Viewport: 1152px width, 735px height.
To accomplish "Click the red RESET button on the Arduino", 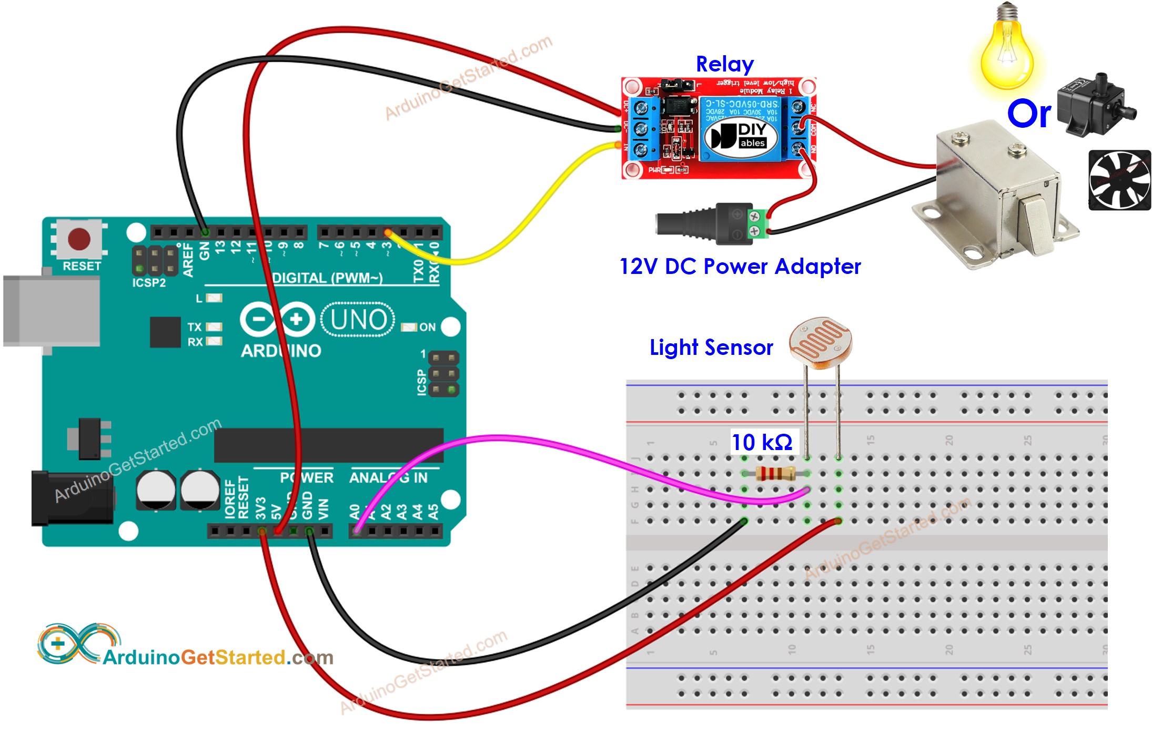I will [x=79, y=239].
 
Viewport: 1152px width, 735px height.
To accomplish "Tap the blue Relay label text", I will [x=724, y=64].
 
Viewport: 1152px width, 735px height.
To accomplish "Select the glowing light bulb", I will [x=1006, y=53].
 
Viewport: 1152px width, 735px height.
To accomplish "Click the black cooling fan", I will [x=1119, y=180].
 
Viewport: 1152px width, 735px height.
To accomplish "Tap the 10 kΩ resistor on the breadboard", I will [x=775, y=474].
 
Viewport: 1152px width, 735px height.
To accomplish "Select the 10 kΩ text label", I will [x=762, y=442].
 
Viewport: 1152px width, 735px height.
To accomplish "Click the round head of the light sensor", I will [x=820, y=342].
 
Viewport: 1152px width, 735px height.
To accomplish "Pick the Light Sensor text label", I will [x=711, y=348].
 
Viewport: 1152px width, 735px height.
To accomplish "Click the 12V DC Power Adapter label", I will [x=740, y=267].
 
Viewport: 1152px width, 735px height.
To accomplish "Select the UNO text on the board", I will [x=358, y=319].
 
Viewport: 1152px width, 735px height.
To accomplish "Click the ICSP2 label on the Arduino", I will [x=149, y=283].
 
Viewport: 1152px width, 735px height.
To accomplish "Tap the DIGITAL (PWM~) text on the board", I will [x=327, y=278].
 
